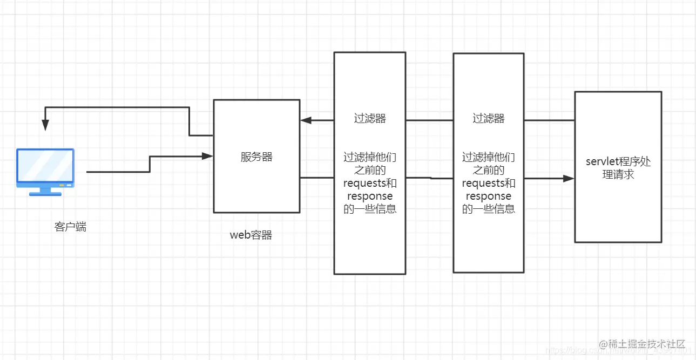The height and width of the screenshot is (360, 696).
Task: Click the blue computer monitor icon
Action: [45, 168]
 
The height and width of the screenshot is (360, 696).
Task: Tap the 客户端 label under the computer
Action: [70, 227]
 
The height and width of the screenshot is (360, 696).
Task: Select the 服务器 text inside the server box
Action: [256, 157]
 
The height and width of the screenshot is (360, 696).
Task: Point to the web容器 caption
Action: [251, 235]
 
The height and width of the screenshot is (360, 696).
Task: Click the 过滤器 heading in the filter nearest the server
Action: [370, 119]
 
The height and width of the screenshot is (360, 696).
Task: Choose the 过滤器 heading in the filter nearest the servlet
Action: [488, 119]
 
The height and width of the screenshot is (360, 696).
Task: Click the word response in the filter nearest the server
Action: [370, 196]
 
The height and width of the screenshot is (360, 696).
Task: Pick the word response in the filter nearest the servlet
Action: [488, 196]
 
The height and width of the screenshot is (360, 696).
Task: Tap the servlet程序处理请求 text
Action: [618, 168]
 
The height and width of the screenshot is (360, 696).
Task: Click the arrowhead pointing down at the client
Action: [45, 125]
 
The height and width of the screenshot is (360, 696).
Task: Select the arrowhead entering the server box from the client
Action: [207, 156]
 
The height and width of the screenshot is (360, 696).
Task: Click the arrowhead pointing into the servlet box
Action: [568, 178]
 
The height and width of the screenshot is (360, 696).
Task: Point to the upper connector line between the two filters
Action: [429, 120]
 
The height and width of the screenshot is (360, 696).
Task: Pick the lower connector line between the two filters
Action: [429, 178]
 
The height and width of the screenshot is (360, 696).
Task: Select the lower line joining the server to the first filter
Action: [317, 177]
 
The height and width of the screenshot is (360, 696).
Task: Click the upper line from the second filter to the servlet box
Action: [549, 120]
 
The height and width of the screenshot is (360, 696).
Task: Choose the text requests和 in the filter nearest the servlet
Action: [488, 184]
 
